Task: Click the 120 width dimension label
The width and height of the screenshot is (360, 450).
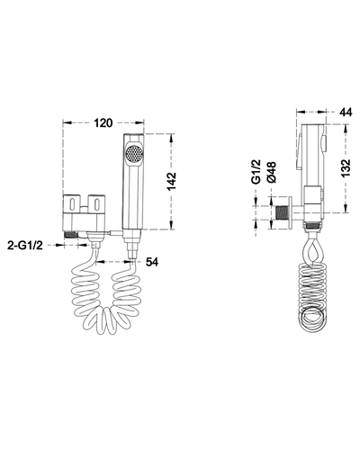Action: (x=103, y=122)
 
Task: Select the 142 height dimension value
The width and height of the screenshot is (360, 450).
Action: (x=172, y=182)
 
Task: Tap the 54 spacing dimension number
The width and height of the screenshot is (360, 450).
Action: (x=152, y=262)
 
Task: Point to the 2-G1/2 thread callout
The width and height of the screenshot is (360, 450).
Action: (x=25, y=246)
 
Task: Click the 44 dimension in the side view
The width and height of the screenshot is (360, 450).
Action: (x=346, y=112)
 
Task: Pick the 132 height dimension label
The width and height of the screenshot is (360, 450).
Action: (x=346, y=168)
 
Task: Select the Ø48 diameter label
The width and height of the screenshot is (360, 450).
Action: (x=272, y=172)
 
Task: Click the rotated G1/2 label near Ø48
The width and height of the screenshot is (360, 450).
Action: (x=256, y=172)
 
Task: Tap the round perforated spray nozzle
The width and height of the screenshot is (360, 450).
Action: (x=134, y=155)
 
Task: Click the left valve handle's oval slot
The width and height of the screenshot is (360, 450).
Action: (x=72, y=204)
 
